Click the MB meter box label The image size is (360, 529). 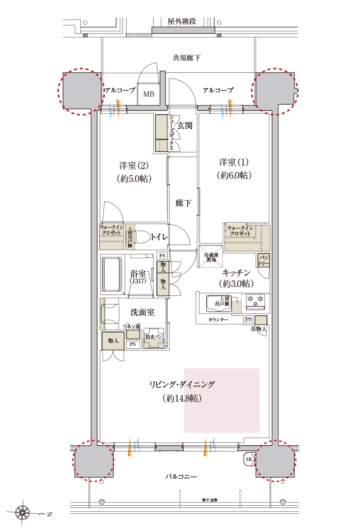point(148,94)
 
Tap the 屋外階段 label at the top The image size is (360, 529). point(182,22)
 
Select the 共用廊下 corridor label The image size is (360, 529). point(186,58)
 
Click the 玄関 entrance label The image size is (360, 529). point(185,126)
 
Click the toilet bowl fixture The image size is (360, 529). point(142,237)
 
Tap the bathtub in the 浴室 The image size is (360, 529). point(111,274)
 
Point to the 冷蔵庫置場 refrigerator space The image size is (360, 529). point(211,257)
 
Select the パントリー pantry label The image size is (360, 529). point(263,260)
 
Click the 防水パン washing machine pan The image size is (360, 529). point(153,338)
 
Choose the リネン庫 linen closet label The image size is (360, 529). point(132,326)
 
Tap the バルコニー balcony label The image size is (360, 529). point(181,477)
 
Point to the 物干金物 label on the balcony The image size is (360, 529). point(210,500)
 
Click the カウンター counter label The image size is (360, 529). point(218,320)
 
